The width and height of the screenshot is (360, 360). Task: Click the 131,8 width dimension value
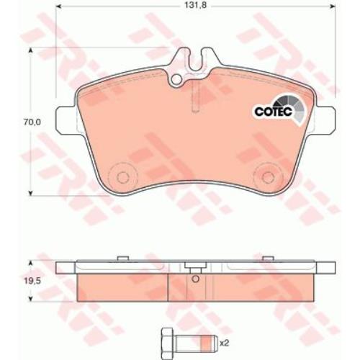click(x=196, y=5)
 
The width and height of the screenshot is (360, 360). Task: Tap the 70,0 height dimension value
click(x=32, y=122)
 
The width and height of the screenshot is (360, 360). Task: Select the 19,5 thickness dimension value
click(x=32, y=282)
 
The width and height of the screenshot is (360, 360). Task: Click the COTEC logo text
click(x=274, y=112)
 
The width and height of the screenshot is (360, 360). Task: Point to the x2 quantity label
click(x=225, y=343)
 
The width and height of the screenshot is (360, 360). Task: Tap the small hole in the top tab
click(x=177, y=78)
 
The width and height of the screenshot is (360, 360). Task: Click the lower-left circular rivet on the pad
click(x=122, y=177)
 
